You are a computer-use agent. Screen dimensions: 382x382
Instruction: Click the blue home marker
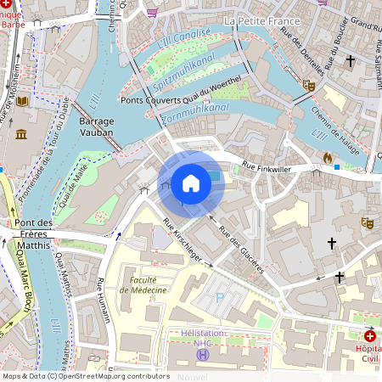(x=191, y=183)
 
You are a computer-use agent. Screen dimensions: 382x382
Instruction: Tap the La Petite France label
(x=263, y=20)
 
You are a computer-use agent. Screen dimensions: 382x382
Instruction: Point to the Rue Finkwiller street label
(x=267, y=167)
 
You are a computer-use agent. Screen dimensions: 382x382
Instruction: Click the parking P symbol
(x=221, y=298)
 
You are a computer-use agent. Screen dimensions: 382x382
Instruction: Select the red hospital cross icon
(x=368, y=336)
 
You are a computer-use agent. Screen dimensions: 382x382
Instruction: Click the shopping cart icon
(x=152, y=12)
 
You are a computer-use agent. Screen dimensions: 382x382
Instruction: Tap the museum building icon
(x=21, y=135)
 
